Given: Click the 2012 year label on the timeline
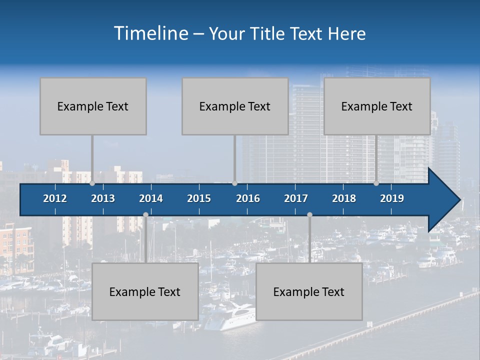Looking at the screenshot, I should coord(55,198).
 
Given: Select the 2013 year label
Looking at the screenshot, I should coord(103,198).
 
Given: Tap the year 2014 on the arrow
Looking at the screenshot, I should coord(151,198).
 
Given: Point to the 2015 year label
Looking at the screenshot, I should coord(199,198).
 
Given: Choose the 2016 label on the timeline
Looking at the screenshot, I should coord(248,198).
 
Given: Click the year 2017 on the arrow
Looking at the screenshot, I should coord(296,198).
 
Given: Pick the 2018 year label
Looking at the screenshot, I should coord(344,198).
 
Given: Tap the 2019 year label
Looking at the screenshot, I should coord(392,198).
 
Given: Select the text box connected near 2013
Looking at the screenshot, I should coord(93,106).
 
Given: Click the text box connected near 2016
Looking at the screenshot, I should coord(235,106).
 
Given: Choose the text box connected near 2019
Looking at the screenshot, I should coord(377,106).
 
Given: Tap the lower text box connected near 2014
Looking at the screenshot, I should coord(145,292).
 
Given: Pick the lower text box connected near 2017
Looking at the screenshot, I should coord(309,292).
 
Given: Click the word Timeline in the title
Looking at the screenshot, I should coord(151,33).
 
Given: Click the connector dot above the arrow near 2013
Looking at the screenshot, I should coord(92,183).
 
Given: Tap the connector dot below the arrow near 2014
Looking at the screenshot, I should coord(145,214).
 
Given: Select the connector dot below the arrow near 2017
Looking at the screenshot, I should coord(309,214).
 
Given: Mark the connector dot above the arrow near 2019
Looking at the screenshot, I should coord(376,183).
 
